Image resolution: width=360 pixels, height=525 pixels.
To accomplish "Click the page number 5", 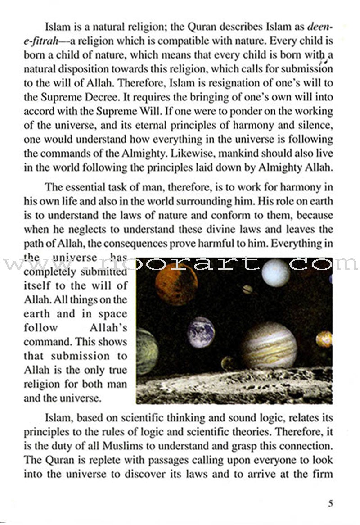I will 330,503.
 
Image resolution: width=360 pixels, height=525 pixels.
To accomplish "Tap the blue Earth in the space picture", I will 201,332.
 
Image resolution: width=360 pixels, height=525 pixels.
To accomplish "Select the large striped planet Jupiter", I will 269,345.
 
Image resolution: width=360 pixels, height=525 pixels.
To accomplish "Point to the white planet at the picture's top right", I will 275,273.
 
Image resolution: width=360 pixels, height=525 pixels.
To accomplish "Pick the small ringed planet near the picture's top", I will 247,289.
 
